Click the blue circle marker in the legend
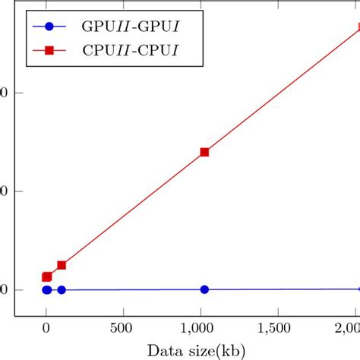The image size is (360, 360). (x=49, y=27)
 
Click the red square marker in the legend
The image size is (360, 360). (x=49, y=51)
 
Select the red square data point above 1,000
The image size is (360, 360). (x=204, y=152)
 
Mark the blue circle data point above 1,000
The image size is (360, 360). (x=204, y=289)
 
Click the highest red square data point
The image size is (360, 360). (x=358, y=28)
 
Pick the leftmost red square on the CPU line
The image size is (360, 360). (x=46, y=277)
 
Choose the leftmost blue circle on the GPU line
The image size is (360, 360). (x=46, y=289)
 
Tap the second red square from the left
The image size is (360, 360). (x=62, y=265)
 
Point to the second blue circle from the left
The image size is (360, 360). (x=62, y=289)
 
